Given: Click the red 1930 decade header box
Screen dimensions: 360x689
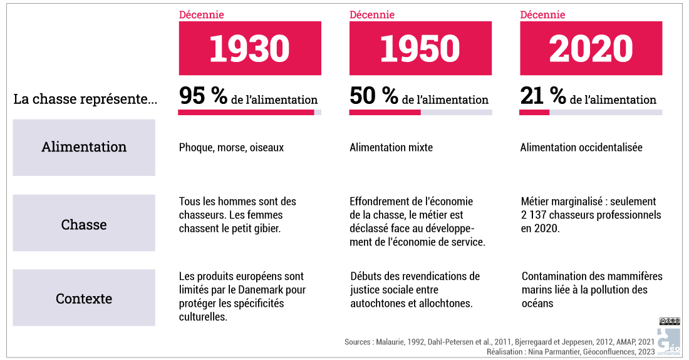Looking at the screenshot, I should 249,48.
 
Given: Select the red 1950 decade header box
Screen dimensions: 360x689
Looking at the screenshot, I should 420,48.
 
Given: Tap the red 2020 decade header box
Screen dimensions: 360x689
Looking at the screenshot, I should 591,48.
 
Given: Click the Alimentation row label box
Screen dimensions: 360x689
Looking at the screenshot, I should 84,147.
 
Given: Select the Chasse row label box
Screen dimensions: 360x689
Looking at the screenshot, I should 84,224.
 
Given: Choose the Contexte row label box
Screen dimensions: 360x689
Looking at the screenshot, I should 84,298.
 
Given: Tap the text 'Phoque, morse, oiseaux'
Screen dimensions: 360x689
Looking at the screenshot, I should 231,148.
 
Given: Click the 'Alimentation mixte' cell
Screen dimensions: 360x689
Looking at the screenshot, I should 391,148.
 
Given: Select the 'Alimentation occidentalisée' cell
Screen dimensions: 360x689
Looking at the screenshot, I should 581,148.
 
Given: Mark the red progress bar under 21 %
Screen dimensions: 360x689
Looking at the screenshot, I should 534,112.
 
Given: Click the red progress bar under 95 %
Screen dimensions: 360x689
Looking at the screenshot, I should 246,112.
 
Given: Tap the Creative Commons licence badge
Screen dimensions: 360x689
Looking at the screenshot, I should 670,321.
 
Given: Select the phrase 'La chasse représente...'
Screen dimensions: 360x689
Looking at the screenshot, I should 86,100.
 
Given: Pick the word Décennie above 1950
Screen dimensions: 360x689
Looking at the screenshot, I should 371,14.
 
